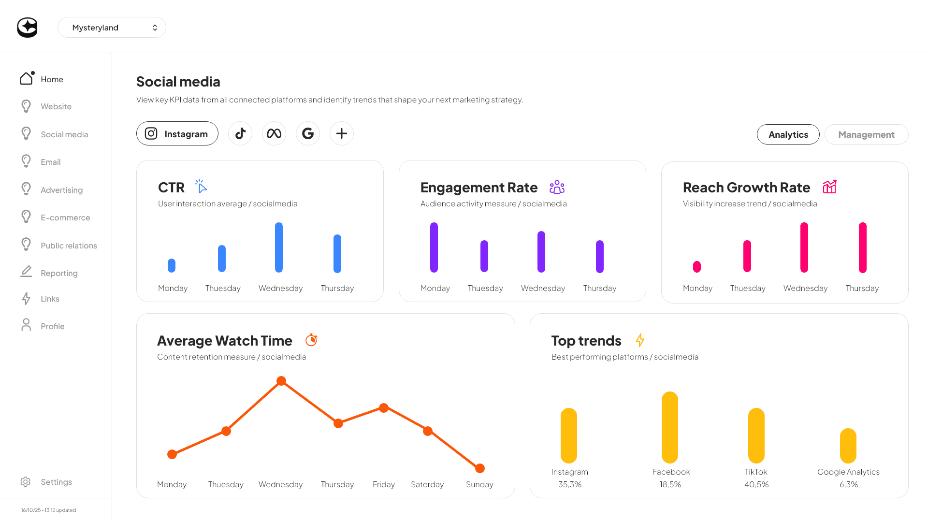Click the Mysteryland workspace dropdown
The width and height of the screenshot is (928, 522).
tap(112, 28)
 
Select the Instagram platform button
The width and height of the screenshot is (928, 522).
tap(177, 134)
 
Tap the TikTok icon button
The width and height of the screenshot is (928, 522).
tap(240, 133)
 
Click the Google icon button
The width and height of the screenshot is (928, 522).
tap(308, 133)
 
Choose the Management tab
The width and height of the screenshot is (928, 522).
tap(866, 134)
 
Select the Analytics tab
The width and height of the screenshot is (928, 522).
tap(788, 134)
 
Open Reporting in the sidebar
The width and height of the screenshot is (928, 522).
tap(59, 273)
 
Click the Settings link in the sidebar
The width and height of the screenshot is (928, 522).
tap(56, 482)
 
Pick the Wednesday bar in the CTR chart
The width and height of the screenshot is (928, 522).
tap(279, 247)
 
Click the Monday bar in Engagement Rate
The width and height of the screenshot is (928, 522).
tap(434, 247)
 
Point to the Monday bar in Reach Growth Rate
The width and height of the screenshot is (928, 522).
tap(697, 267)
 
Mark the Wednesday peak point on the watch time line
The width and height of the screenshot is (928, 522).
tap(281, 381)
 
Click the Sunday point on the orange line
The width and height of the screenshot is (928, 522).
tap(480, 468)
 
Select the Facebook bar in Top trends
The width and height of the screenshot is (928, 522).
tap(670, 427)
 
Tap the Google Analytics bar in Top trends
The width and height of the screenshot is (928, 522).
tap(848, 446)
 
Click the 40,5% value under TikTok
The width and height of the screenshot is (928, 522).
tap(756, 484)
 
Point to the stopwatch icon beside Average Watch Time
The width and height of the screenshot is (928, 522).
tap(311, 340)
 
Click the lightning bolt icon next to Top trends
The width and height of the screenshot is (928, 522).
tap(640, 340)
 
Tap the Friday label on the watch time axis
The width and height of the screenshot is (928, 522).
tap(384, 484)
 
